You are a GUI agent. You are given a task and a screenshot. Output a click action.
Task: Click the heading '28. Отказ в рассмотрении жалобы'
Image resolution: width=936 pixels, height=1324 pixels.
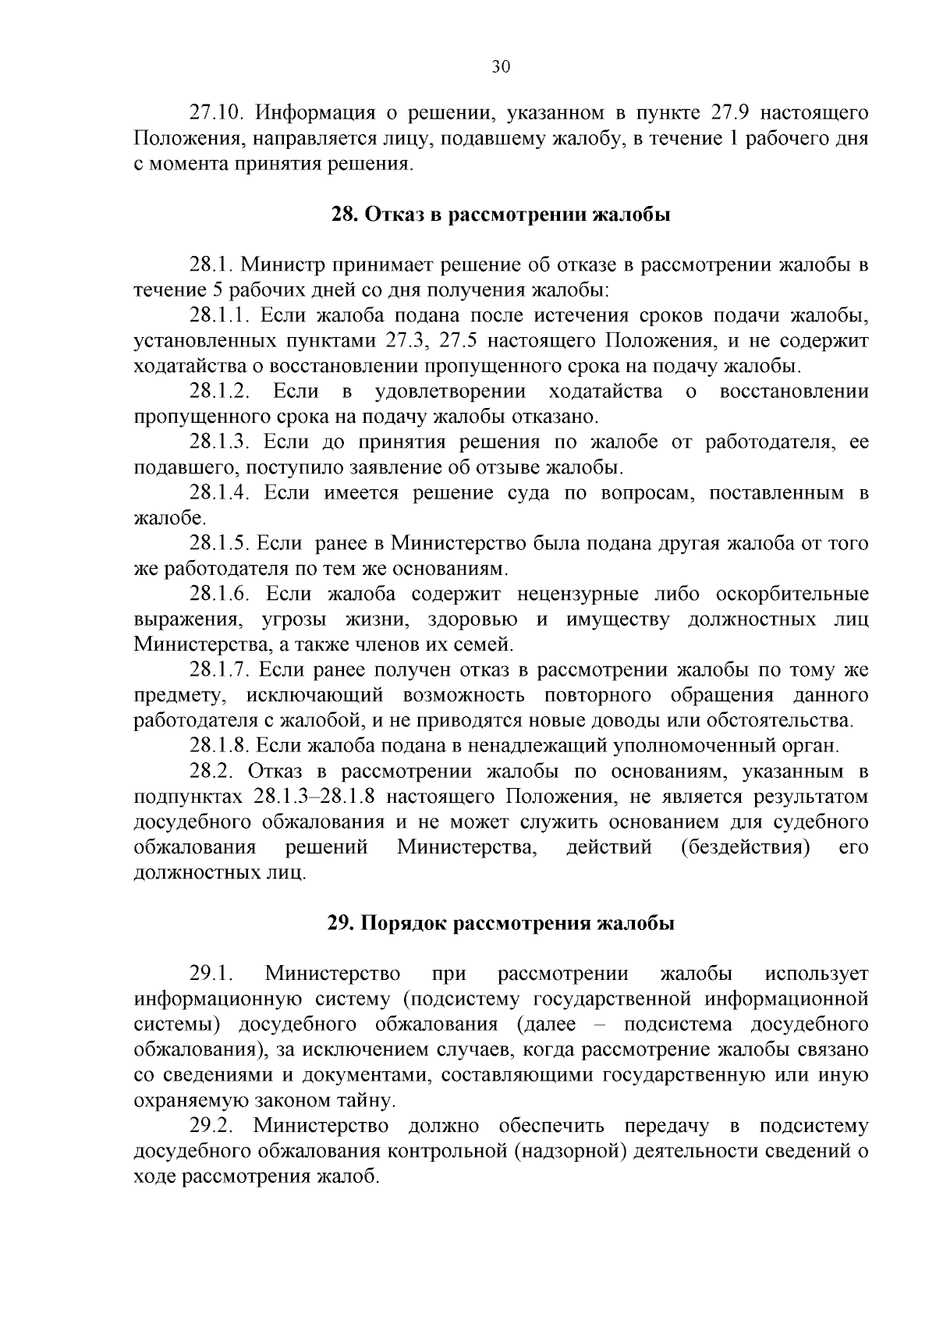[500, 215]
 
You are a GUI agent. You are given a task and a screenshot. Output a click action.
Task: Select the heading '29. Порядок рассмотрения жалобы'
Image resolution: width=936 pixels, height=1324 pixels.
[500, 924]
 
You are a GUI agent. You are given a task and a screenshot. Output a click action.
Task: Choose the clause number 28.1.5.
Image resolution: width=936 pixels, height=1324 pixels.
[218, 544]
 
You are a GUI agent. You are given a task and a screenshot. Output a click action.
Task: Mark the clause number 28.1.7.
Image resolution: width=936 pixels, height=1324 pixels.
[218, 670]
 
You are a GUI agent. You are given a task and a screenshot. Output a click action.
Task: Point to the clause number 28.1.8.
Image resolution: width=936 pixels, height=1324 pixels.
[218, 746]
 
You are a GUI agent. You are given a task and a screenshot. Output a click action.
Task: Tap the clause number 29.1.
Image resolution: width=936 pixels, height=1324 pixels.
[211, 974]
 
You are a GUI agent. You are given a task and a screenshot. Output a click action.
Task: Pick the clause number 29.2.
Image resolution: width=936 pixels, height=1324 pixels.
[211, 1127]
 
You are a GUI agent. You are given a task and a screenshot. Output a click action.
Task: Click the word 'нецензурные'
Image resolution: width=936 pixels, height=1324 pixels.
[571, 595]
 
